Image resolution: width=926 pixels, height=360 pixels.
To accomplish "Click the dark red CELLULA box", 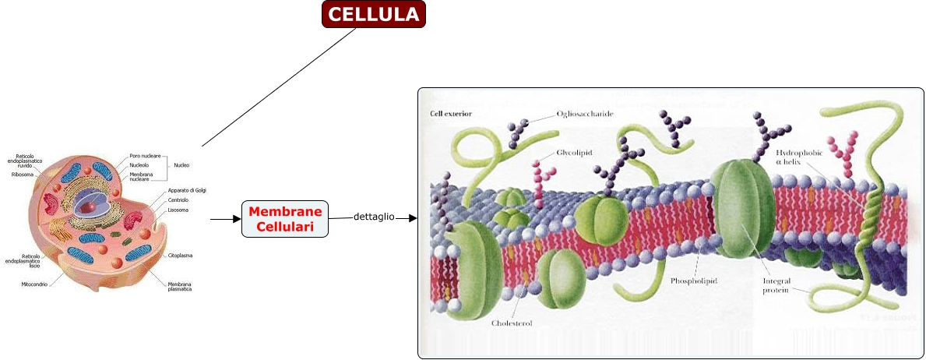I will click(x=374, y=14).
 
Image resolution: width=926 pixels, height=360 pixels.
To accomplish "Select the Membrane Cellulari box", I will click(x=285, y=219).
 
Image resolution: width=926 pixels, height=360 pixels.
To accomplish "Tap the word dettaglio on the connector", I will click(x=374, y=217).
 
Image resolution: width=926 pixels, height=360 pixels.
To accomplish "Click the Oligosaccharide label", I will click(x=585, y=114).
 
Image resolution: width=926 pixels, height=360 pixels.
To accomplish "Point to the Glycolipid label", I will click(x=575, y=153).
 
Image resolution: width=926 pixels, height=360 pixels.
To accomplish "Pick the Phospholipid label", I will click(x=694, y=279).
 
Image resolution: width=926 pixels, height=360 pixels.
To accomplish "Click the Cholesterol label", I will click(x=512, y=323).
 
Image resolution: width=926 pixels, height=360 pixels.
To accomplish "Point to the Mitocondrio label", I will click(x=35, y=284).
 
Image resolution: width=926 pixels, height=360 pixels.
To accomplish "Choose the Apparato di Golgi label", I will click(x=187, y=190).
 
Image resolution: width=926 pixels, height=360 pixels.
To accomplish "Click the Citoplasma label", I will click(x=180, y=256).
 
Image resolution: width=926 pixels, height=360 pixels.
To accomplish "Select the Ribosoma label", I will click(x=22, y=175).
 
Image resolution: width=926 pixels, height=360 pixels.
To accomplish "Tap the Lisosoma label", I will click(x=178, y=210).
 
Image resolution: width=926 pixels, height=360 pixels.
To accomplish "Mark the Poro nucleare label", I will click(x=145, y=156).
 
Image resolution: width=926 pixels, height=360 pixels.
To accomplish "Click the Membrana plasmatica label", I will click(x=180, y=288).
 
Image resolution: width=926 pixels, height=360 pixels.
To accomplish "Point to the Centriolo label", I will click(x=178, y=199).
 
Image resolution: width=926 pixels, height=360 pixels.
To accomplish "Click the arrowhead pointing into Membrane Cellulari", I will click(x=236, y=219).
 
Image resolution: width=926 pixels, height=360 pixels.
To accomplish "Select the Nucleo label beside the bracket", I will click(x=181, y=165).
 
